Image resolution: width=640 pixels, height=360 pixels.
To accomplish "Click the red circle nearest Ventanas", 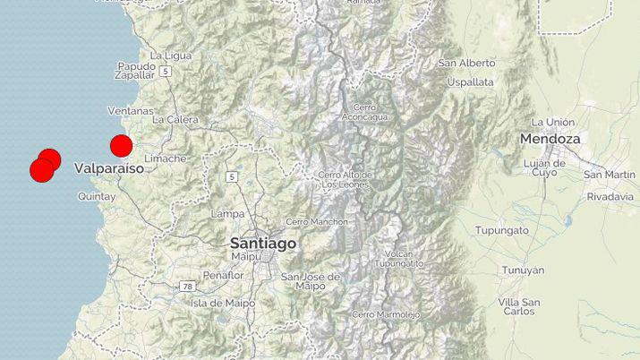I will (x=121, y=145).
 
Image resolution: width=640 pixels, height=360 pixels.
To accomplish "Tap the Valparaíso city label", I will (x=109, y=167).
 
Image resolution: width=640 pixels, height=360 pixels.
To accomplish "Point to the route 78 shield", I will (x=187, y=286).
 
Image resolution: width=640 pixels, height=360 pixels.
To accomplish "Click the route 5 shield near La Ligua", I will (x=166, y=69).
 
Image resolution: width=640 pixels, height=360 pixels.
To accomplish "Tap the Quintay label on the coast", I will (x=97, y=194).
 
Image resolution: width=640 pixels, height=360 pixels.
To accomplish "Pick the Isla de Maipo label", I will (x=218, y=303).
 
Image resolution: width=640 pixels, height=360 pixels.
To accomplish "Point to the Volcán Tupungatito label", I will (x=399, y=258).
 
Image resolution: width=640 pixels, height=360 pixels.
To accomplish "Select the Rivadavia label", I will (x=610, y=193).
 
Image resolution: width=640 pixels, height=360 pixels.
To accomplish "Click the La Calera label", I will (x=175, y=119).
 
